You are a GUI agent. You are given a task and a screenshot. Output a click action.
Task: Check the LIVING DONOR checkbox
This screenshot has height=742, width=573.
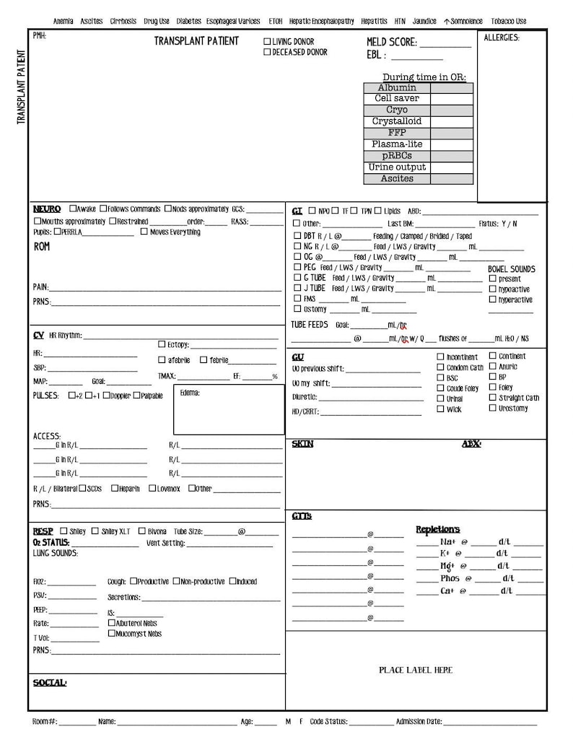click(x=268, y=42)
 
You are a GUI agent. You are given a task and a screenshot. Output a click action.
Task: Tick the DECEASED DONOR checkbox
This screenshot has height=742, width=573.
click(x=268, y=52)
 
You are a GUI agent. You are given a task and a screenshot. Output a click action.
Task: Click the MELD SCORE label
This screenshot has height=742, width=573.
click(x=391, y=43)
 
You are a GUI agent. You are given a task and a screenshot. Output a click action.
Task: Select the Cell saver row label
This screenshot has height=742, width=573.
click(x=397, y=99)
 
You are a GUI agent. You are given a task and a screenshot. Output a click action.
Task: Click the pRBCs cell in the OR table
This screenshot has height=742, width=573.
click(x=397, y=156)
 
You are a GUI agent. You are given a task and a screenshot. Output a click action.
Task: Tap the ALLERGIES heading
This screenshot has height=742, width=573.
click(x=501, y=38)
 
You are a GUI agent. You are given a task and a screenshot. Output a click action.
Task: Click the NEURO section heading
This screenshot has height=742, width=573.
click(x=47, y=209)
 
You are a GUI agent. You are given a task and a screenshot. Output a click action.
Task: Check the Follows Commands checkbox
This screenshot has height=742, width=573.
click(x=104, y=209)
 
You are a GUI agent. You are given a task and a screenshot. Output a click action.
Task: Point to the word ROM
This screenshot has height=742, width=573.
click(x=42, y=247)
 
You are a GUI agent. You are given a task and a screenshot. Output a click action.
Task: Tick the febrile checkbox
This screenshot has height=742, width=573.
click(x=204, y=359)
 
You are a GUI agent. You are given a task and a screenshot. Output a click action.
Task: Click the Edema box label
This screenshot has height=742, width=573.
click(x=190, y=393)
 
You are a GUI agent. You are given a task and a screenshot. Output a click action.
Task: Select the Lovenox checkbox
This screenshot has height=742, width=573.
click(x=152, y=489)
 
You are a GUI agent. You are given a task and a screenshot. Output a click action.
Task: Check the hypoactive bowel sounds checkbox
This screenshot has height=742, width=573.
click(x=493, y=289)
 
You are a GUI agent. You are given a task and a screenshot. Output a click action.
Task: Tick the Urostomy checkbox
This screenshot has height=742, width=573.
click(x=493, y=408)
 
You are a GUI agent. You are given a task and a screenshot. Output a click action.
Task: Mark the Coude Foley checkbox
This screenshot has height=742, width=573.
click(x=440, y=388)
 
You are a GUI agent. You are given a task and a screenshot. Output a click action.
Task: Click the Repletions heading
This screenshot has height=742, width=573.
click(x=437, y=530)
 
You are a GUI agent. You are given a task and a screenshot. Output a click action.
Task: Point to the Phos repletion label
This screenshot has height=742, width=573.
click(x=450, y=578)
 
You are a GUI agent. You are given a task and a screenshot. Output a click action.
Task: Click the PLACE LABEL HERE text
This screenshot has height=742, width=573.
click(x=416, y=670)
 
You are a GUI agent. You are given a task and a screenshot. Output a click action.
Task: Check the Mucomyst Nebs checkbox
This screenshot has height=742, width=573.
click(x=112, y=633)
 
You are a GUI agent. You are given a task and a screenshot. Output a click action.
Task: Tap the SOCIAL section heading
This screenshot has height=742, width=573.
click(x=49, y=682)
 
